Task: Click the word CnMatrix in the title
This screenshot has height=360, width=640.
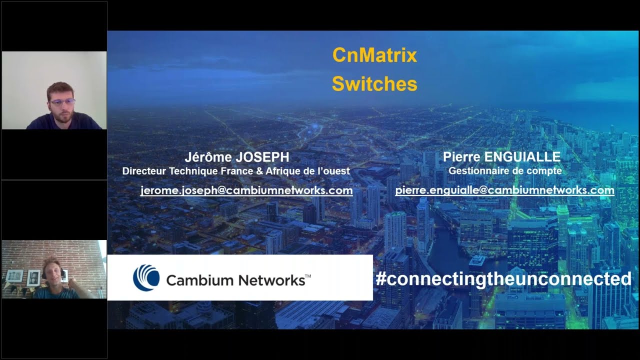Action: (374, 55)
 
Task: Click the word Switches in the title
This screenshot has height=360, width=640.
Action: (374, 84)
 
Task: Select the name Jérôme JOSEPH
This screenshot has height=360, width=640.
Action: (237, 157)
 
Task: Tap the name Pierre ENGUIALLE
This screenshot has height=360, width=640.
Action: (501, 157)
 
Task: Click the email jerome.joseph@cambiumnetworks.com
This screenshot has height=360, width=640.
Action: (246, 190)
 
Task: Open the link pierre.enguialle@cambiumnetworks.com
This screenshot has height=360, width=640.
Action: (504, 190)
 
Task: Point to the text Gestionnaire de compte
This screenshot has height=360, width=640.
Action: (505, 171)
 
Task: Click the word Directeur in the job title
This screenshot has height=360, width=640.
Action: (144, 171)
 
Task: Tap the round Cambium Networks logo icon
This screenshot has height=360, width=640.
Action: (146, 278)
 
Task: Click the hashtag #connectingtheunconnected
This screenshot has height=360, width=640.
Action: (503, 279)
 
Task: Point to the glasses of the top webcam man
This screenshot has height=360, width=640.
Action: (62, 102)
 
